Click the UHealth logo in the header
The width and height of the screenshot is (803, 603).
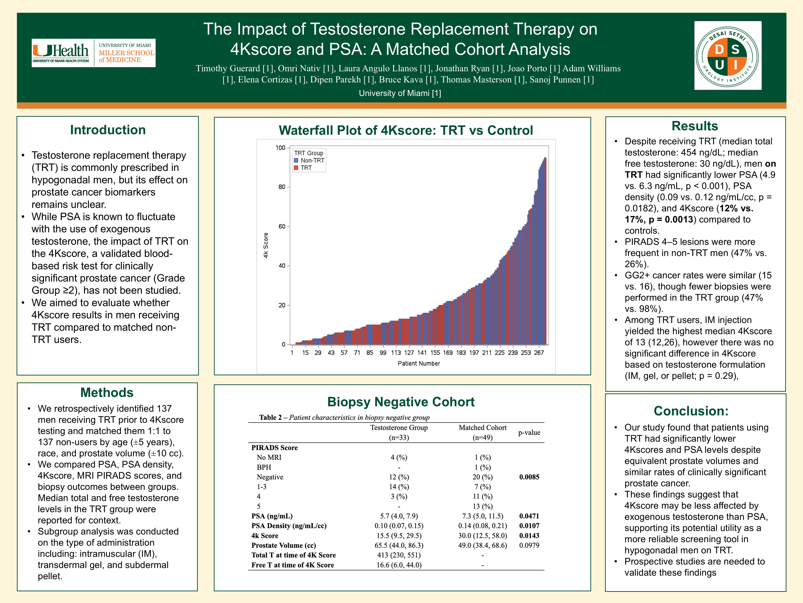click(94, 53)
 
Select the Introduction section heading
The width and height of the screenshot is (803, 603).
click(108, 130)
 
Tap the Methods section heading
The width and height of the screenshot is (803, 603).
click(107, 393)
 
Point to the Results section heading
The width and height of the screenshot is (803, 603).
click(694, 126)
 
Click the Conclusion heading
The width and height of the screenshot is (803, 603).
click(691, 411)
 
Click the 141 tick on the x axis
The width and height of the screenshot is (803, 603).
click(422, 353)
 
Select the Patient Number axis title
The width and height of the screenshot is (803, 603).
click(419, 363)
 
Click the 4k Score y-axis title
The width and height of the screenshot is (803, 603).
click(266, 245)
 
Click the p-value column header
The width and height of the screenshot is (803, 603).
click(529, 433)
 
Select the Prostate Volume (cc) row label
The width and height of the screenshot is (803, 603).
click(284, 545)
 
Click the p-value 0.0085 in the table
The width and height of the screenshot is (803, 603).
click(529, 477)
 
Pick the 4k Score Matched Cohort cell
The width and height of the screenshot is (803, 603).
click(483, 535)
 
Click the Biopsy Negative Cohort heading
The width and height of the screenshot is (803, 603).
click(401, 402)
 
